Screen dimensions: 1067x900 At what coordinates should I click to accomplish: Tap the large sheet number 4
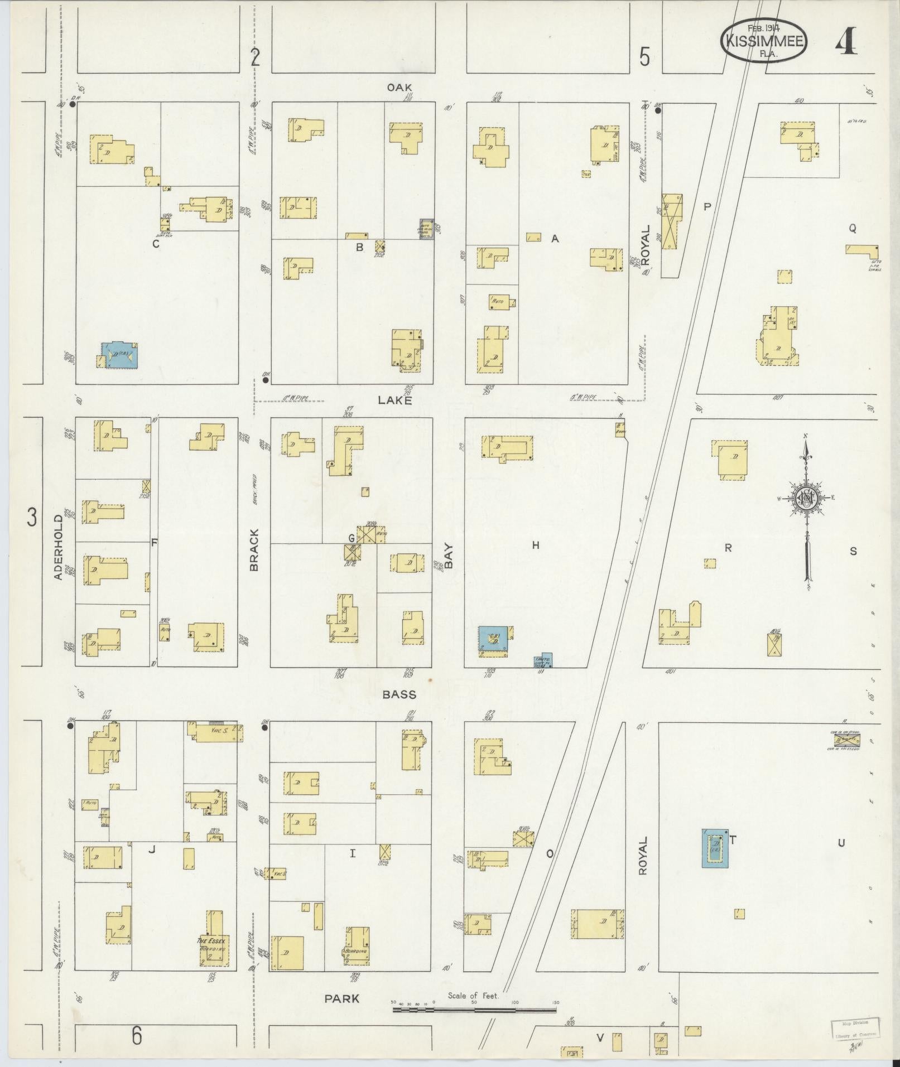tap(846, 40)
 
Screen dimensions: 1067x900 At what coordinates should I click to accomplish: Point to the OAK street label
tap(400, 88)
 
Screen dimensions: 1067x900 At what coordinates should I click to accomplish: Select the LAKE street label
tap(395, 400)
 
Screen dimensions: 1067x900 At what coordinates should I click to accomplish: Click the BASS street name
tap(400, 694)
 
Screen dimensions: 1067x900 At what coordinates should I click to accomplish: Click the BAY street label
tap(449, 556)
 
